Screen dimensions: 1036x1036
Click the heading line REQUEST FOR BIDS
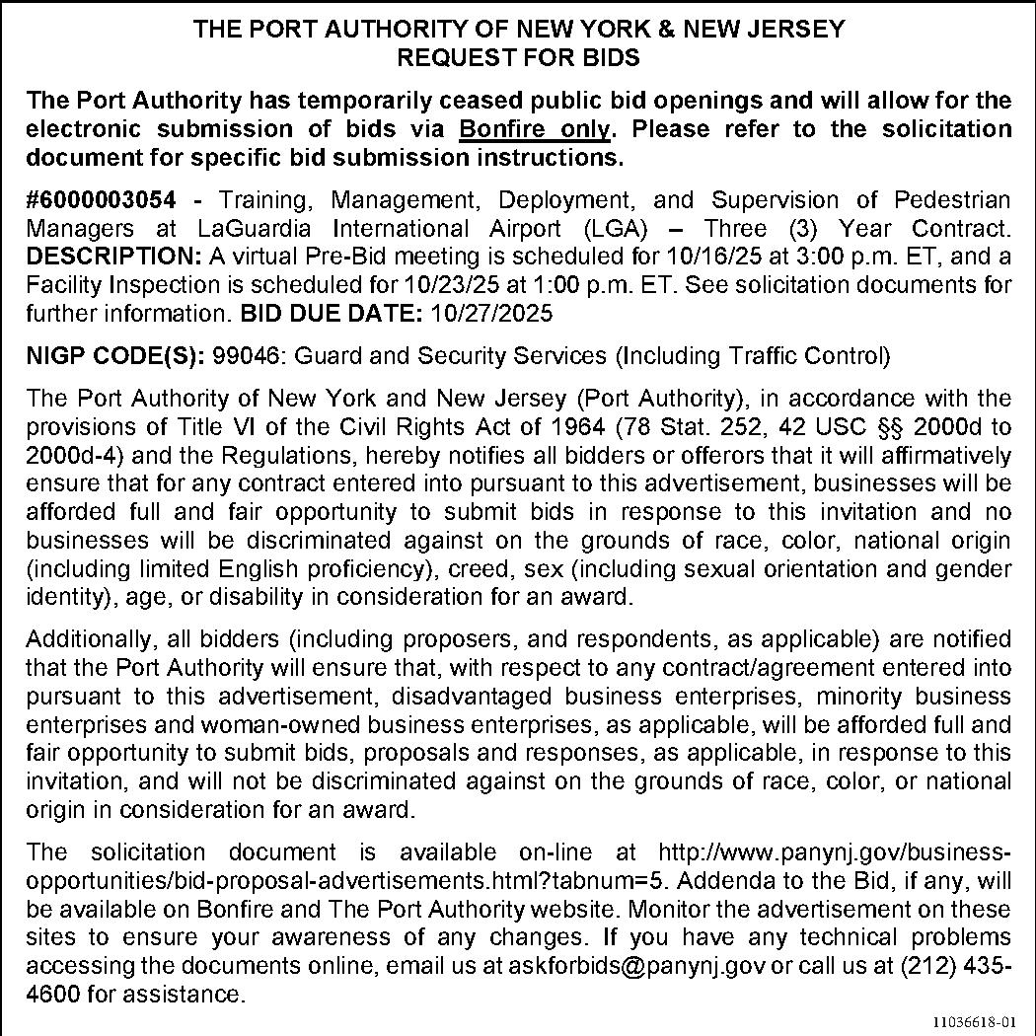518,57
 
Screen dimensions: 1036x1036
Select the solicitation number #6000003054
101,200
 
